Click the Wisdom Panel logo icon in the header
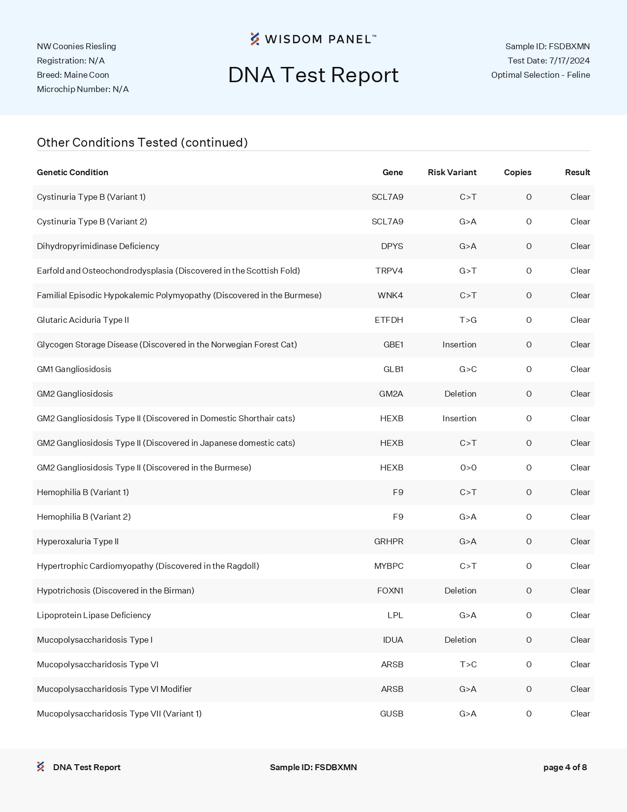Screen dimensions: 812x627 pos(255,39)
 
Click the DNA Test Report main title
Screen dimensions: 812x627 pos(313,75)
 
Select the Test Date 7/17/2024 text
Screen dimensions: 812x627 pos(548,61)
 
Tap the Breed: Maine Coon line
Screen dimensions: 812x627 pos(73,75)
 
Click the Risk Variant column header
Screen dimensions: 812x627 pos(452,172)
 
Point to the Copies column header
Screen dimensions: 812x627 pos(517,172)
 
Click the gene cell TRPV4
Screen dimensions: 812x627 pos(389,271)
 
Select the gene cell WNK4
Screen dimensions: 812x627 pos(390,295)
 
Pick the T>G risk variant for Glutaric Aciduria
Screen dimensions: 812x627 pos(468,320)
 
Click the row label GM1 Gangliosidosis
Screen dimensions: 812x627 pos(74,369)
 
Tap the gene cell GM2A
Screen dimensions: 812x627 pos(391,394)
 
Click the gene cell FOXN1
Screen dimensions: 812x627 pos(390,591)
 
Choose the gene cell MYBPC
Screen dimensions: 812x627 pos(388,566)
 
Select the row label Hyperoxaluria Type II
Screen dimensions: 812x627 pos(78,541)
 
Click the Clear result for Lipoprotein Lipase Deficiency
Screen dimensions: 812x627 pos(580,615)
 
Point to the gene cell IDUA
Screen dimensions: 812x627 pos(393,640)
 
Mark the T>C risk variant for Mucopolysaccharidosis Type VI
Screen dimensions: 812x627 pos(468,664)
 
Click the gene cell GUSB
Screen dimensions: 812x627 pos(391,714)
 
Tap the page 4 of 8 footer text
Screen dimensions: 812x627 pos(565,767)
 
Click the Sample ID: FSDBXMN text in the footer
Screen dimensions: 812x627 pos(313,767)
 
